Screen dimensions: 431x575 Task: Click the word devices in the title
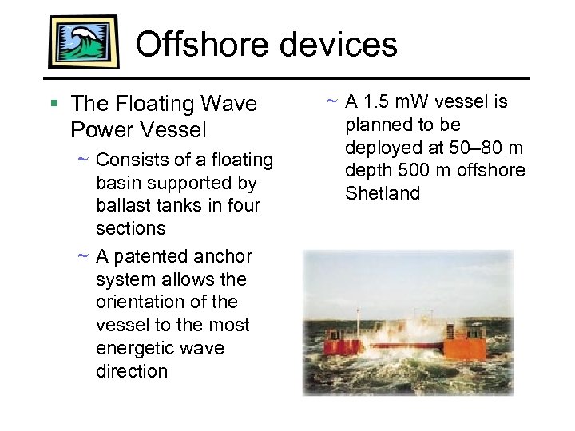pyautogui.click(x=341, y=45)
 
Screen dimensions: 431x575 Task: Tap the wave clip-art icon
pyautogui.click(x=83, y=42)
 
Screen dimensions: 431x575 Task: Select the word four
pyautogui.click(x=241, y=205)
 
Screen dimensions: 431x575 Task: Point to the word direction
pyautogui.click(x=132, y=371)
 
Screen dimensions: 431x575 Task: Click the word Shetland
pyautogui.click(x=383, y=194)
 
